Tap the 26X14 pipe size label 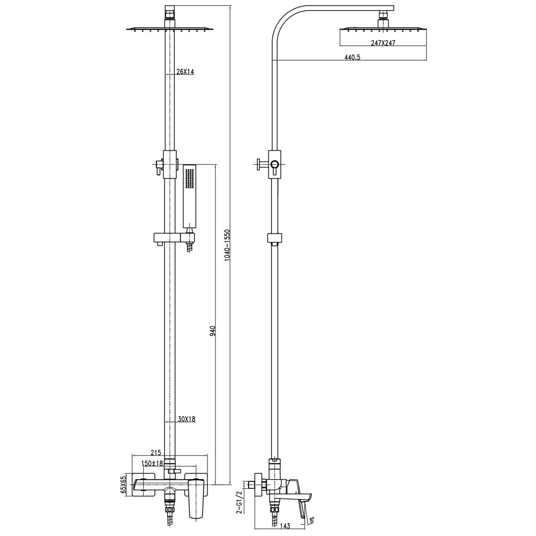click(185, 72)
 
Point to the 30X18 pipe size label click(186, 419)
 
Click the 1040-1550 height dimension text click(227, 245)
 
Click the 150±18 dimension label click(152, 463)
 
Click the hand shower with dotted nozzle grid click(190, 196)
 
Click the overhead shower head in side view click(383, 29)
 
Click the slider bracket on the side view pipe click(274, 238)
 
